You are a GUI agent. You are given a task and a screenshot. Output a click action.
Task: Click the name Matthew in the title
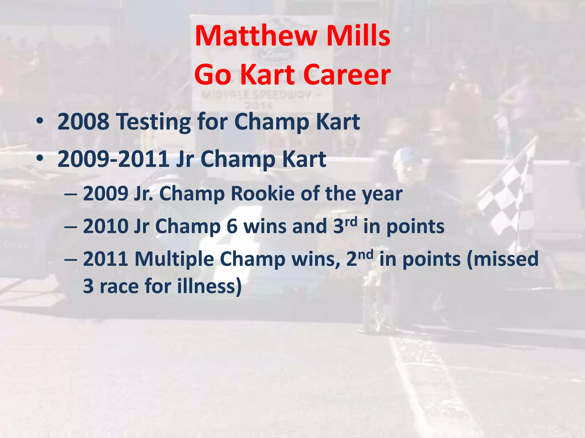(256, 36)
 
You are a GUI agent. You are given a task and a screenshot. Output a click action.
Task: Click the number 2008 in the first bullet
(83, 122)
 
